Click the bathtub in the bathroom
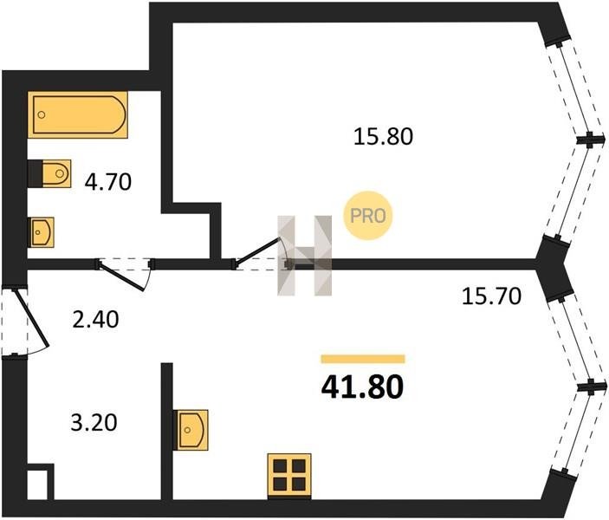pyautogui.click(x=78, y=114)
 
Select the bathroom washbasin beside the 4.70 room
pyautogui.click(x=42, y=232)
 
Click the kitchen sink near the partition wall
pyautogui.click(x=191, y=430)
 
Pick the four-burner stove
pyautogui.click(x=289, y=475)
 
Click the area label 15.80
pyautogui.click(x=383, y=137)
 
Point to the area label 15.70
pyautogui.click(x=491, y=296)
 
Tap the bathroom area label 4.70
pyautogui.click(x=108, y=182)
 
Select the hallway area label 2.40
pyautogui.click(x=95, y=320)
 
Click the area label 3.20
pyautogui.click(x=94, y=423)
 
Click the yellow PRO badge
pyautogui.click(x=368, y=216)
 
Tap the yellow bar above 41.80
pyautogui.click(x=363, y=359)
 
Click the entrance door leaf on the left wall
pyautogui.click(x=32, y=317)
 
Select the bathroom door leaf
pyautogui.click(x=121, y=276)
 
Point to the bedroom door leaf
pyautogui.click(x=257, y=252)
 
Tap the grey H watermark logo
pyautogui.click(x=305, y=256)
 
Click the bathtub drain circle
pyautogui.click(x=42, y=114)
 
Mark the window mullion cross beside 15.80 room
pyautogui.click(x=590, y=140)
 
